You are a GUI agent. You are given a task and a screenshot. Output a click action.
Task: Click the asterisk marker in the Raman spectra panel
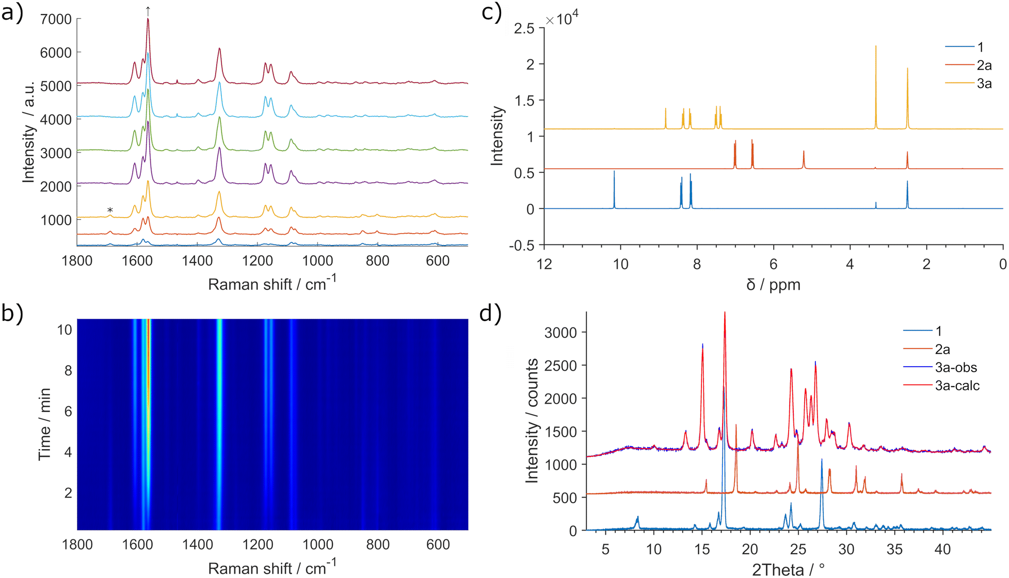tap(110, 210)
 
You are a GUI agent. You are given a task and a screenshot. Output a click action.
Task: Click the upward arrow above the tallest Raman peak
tap(148, 10)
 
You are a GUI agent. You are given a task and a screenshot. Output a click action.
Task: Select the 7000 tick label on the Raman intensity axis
tap(56, 20)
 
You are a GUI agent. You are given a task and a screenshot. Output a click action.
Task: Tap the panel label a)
tap(12, 12)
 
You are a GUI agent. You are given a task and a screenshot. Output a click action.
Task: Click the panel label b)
tap(12, 313)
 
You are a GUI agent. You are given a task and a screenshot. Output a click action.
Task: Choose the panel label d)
tap(491, 313)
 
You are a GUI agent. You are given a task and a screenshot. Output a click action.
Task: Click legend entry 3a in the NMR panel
tap(984, 84)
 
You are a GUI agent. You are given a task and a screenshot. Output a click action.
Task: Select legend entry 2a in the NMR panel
tap(984, 65)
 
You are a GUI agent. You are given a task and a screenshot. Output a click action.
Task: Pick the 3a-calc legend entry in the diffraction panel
tap(957, 386)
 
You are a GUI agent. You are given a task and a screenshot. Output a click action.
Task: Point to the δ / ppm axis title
tap(773, 285)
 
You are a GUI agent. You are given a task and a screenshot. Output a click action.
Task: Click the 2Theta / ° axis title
tap(788, 570)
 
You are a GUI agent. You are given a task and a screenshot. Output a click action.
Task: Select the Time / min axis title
tap(45, 424)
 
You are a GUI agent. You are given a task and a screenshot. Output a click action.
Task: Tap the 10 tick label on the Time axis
tap(64, 330)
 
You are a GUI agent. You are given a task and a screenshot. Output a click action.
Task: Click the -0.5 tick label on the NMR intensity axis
tap(522, 245)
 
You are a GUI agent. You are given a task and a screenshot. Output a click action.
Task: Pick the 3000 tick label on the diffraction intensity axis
tap(560, 333)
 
